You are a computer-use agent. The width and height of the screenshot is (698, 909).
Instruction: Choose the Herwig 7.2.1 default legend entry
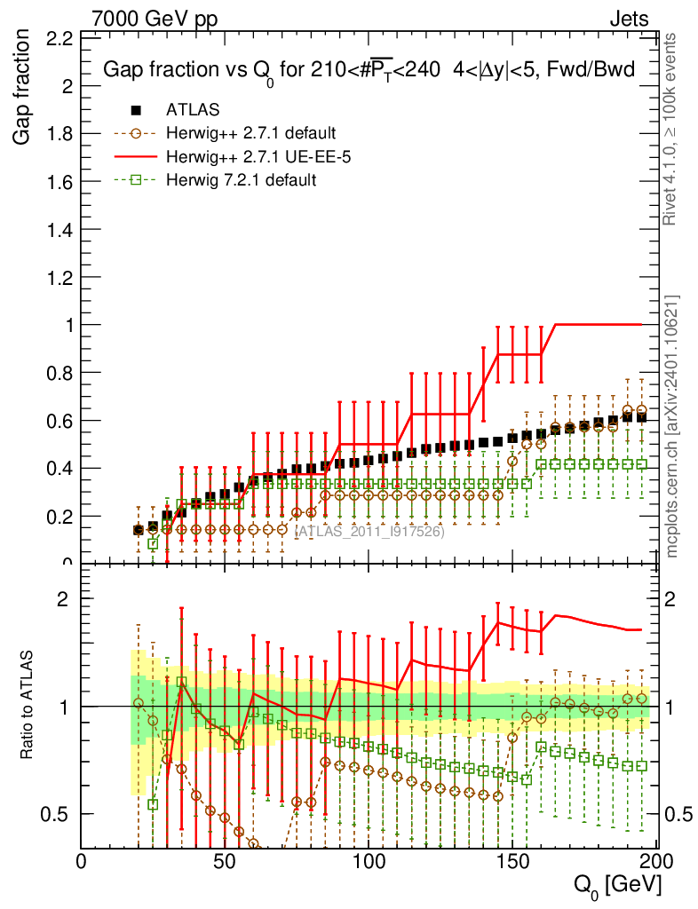(241, 180)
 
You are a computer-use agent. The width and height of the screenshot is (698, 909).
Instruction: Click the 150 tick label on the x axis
(512, 861)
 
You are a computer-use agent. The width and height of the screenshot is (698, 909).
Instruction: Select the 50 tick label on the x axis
(225, 861)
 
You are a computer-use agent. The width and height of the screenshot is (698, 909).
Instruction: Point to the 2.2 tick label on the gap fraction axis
(59, 38)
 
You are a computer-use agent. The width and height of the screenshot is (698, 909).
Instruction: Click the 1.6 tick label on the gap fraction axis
(59, 182)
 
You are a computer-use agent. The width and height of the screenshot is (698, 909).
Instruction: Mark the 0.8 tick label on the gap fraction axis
(59, 373)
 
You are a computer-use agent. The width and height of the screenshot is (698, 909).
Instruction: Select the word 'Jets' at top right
(629, 18)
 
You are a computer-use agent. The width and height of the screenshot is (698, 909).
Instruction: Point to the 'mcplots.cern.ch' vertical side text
(672, 426)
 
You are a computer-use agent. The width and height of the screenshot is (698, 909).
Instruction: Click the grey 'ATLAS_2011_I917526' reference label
(369, 532)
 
